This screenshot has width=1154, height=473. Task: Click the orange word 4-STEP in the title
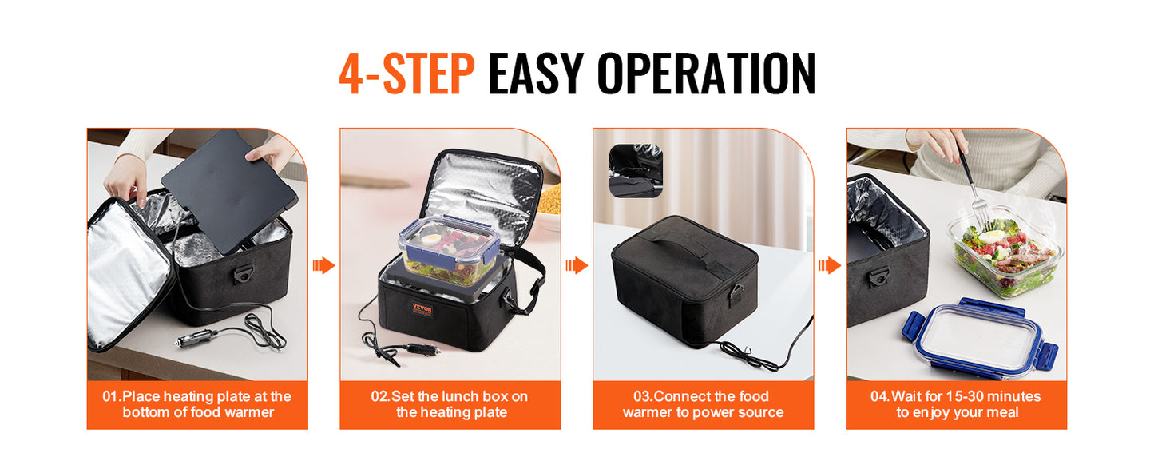[406, 74]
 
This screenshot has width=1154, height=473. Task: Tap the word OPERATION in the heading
[706, 74]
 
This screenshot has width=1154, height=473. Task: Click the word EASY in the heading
[536, 74]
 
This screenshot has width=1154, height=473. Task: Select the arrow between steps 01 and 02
[323, 265]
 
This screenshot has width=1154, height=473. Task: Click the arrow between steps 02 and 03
[577, 265]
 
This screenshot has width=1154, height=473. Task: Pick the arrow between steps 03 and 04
[830, 265]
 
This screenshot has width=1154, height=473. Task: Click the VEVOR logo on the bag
[422, 308]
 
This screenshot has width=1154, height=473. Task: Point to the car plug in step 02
[423, 349]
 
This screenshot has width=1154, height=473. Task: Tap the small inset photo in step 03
[636, 170]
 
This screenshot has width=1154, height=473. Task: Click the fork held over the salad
[972, 185]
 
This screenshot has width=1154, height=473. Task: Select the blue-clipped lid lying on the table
[978, 338]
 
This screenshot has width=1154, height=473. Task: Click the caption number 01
[111, 396]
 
